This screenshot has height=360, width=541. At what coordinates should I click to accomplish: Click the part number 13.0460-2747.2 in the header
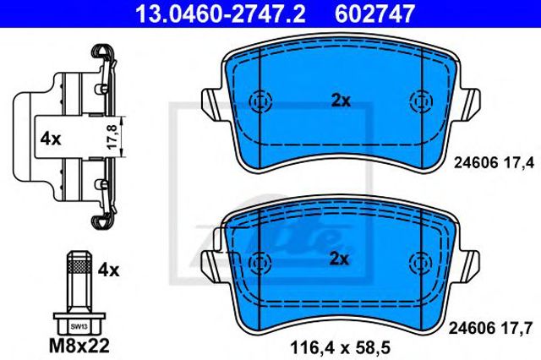coord(220,14)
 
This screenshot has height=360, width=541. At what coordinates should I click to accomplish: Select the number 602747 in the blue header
coord(374,14)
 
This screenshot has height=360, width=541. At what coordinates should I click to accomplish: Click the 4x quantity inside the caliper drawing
coord(51,139)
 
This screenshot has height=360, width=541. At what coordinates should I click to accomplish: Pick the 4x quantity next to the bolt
coord(108,270)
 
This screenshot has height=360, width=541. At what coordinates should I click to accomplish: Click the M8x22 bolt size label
coord(79,345)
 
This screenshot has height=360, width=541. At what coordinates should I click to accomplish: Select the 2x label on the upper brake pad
coord(341,101)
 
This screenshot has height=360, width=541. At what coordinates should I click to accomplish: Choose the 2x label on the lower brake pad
coord(339,259)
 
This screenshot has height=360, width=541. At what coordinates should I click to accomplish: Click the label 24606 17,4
coord(494,162)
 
